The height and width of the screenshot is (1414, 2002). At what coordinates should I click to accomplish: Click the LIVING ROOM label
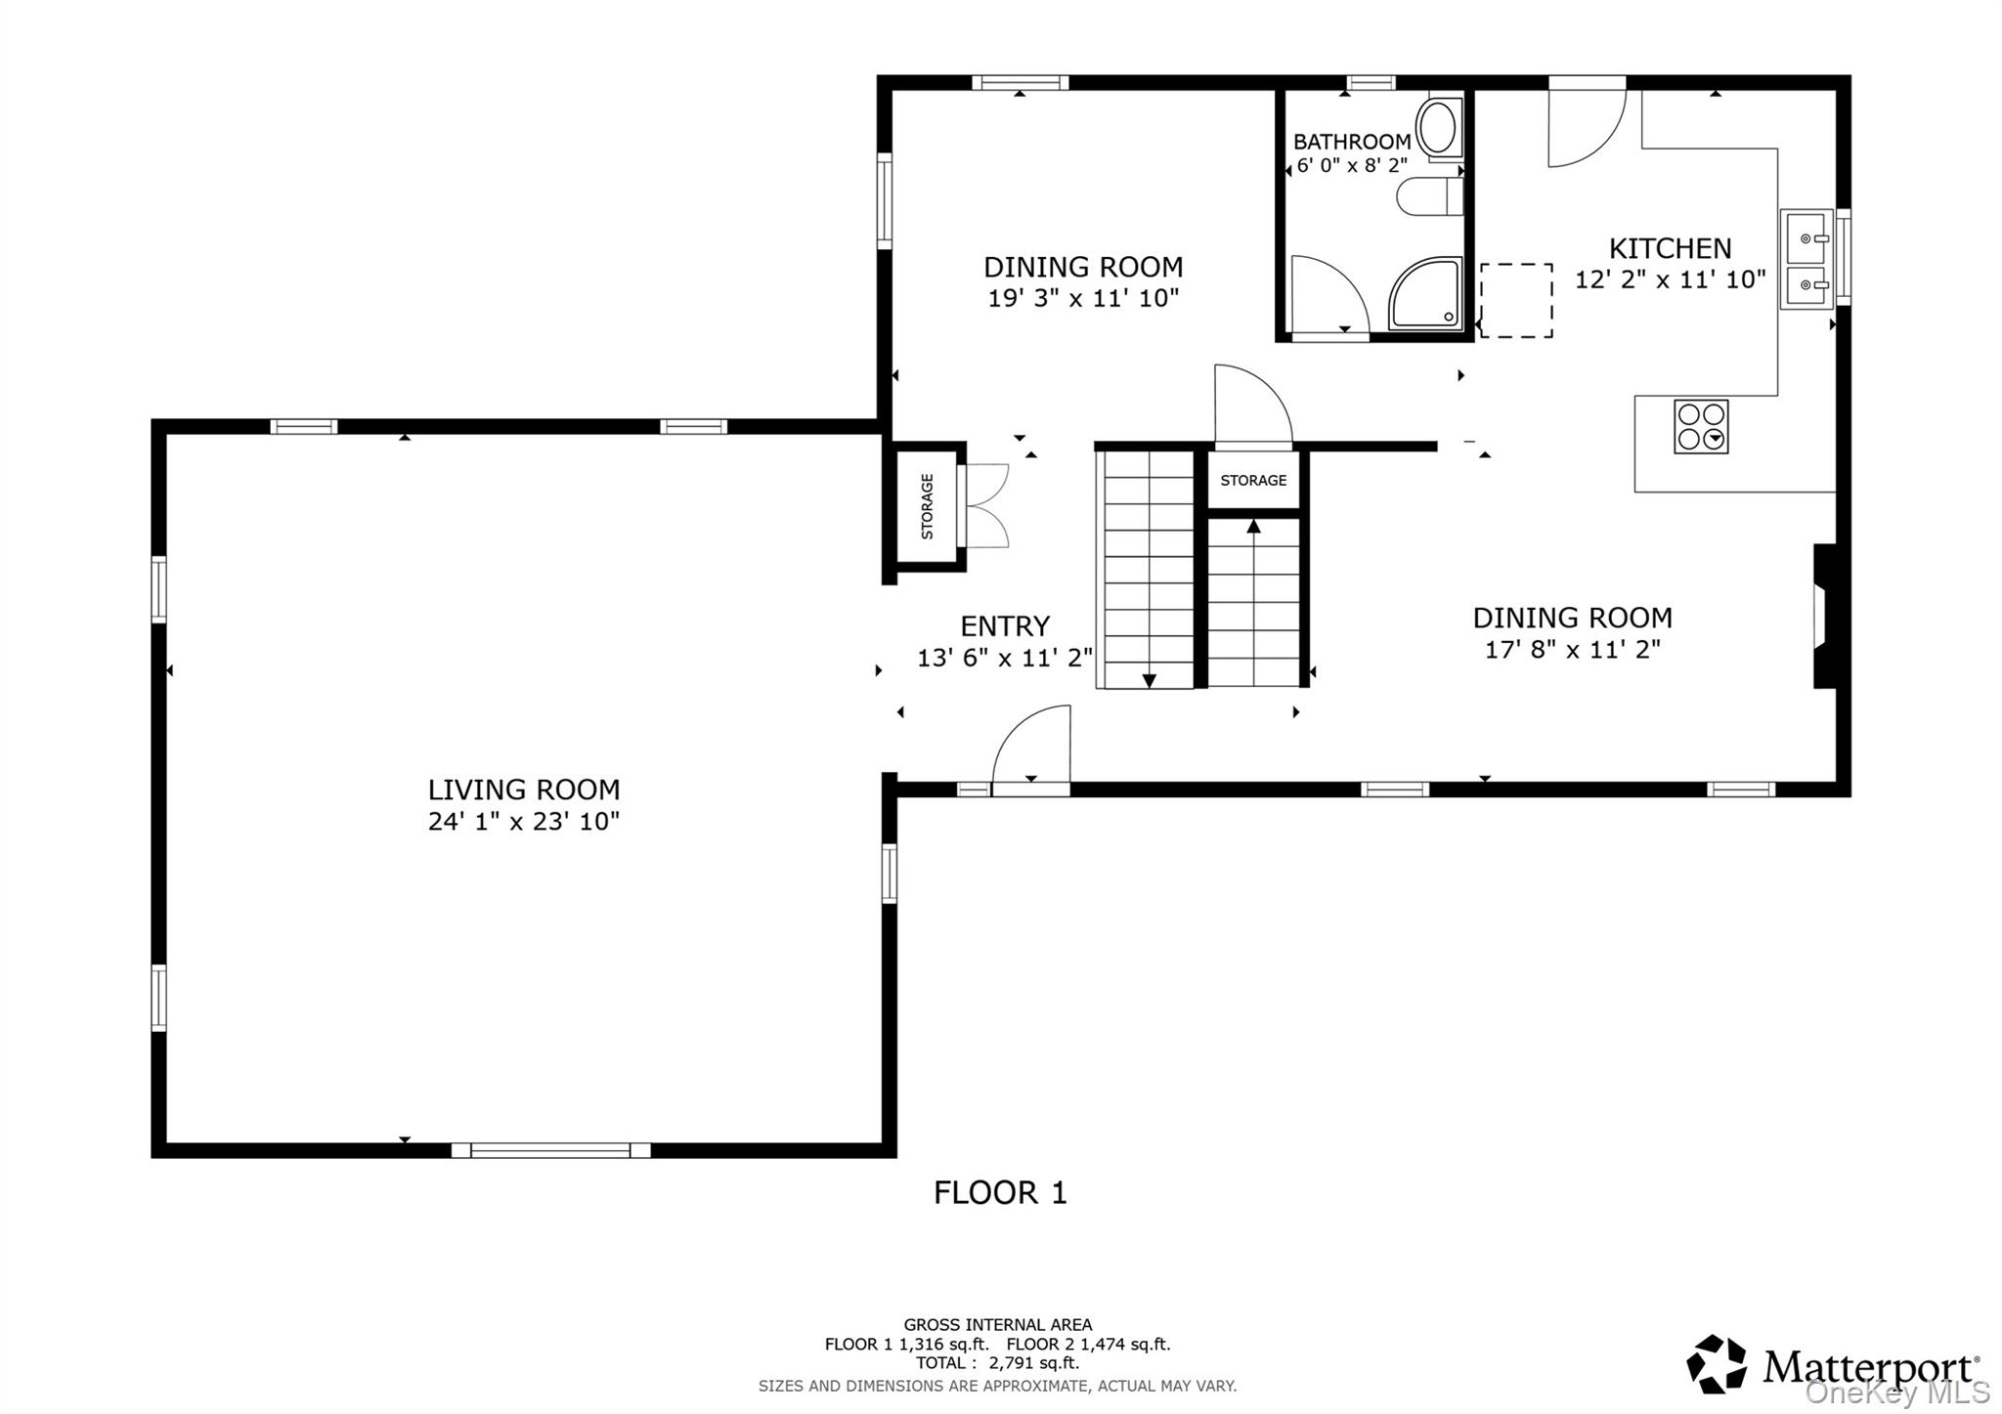coord(524,790)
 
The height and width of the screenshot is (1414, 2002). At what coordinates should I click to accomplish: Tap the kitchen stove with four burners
coord(1701,427)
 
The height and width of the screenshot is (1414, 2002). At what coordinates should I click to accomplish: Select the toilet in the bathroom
coord(1429,196)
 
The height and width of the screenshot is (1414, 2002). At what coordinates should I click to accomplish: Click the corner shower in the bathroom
coord(1426,293)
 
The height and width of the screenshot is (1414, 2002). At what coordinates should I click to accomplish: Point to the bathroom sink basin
coord(1440,128)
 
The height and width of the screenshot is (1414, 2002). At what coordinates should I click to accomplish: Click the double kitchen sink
coord(1806,259)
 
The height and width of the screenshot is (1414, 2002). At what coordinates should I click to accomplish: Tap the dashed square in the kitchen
coord(1516,301)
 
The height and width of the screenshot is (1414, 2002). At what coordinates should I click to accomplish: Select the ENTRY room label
coord(1005,626)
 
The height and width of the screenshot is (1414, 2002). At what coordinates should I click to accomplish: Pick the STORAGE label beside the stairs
coord(1253,481)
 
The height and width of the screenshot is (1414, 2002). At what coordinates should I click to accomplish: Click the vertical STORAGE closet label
coord(927,506)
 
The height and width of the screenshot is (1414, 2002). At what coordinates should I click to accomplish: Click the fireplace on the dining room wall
coord(1824,617)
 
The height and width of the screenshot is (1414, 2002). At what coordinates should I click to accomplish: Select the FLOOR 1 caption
coord(1000,1193)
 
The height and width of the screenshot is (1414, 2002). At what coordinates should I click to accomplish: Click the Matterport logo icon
coord(1717,1364)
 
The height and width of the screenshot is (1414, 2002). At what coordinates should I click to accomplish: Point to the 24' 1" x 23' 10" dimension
coord(524,822)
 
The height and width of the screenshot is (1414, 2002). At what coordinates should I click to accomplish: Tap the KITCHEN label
coord(1671,248)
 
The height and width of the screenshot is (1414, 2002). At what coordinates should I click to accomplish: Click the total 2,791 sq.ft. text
coord(997,1363)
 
